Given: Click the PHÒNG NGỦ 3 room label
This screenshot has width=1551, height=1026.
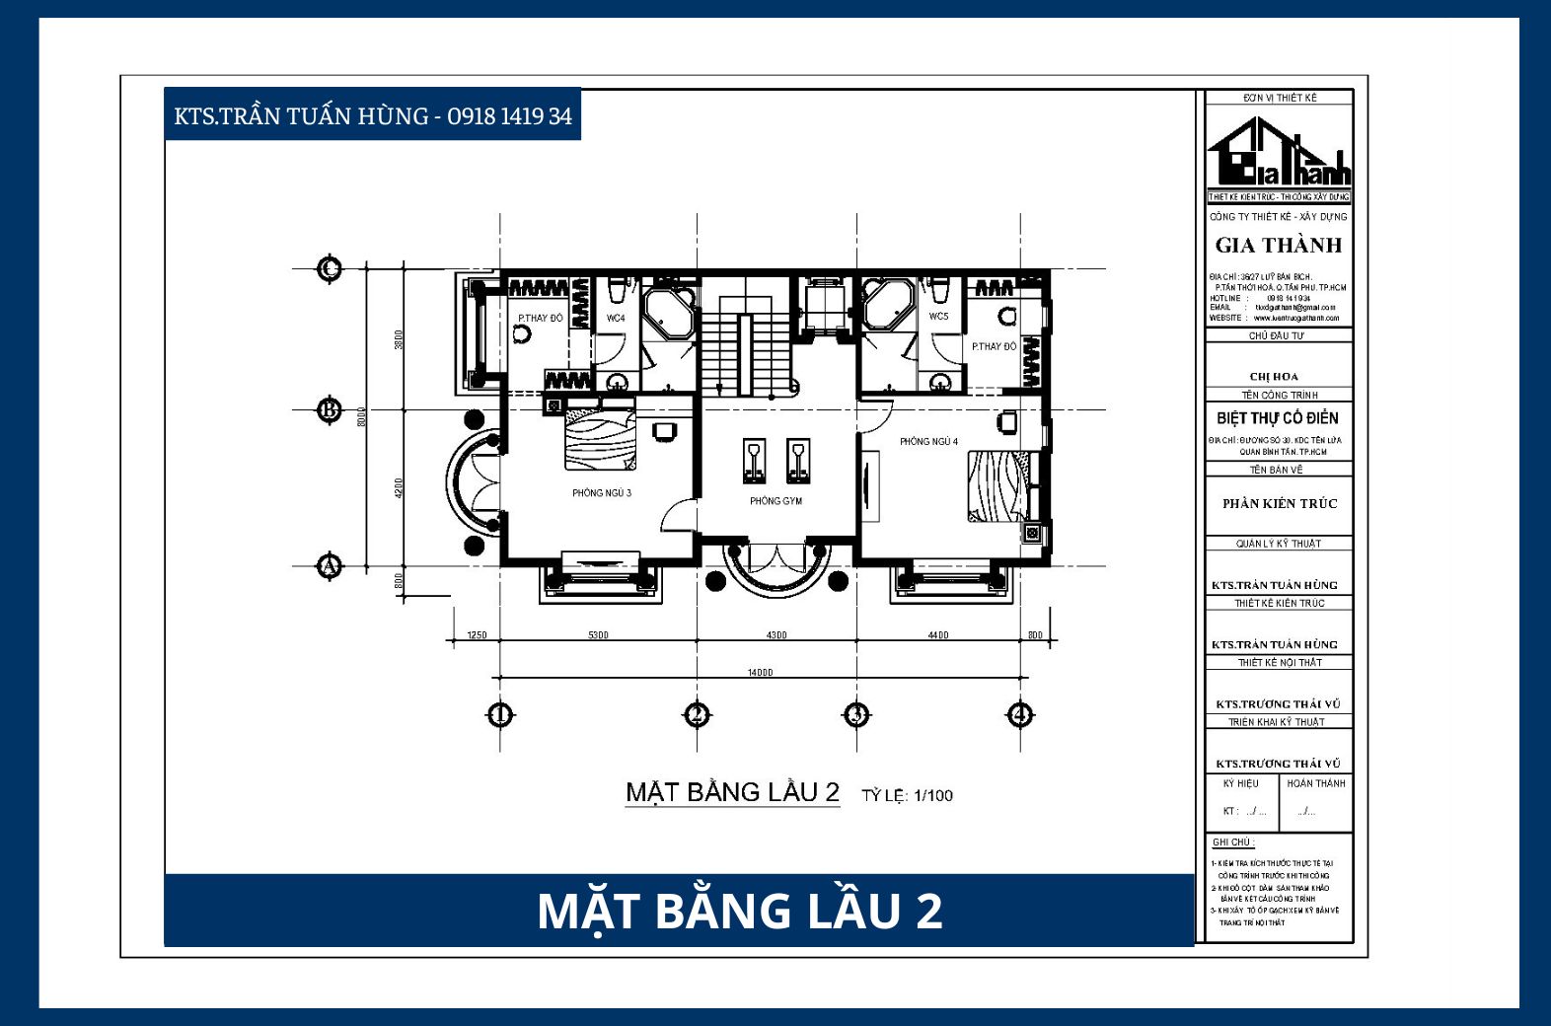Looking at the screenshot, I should coord(601,492).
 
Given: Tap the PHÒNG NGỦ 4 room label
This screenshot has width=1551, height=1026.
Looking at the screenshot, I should coord(927,441).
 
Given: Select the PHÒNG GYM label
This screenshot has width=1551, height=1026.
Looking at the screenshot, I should coord(775,501).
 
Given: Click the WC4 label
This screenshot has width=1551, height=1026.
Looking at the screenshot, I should coord(616,318).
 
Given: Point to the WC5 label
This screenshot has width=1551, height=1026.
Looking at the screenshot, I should coord(938,317).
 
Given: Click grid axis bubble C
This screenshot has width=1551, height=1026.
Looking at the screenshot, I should coord(330,268).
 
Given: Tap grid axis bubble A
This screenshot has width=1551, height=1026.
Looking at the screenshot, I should coord(330,566).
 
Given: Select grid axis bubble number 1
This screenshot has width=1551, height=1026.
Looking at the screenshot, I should coord(500,714).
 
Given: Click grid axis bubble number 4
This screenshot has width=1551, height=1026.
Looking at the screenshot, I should coord(1020,714).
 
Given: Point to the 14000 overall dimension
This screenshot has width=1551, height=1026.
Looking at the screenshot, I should coord(760,673).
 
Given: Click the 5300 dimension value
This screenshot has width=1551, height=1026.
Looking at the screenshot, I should coord(598,635).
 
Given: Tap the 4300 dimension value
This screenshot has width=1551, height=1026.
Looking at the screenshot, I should coord(776,635).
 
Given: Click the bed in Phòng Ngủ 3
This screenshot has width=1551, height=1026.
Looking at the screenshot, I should coord(600,440).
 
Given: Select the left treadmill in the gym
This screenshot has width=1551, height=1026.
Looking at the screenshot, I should coord(754,461).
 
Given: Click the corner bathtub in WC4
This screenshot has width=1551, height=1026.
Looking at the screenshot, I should coord(670,313).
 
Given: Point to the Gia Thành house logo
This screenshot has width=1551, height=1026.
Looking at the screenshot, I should coord(1278,154).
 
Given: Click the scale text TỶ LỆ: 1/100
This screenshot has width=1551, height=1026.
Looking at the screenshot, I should coord(907,795).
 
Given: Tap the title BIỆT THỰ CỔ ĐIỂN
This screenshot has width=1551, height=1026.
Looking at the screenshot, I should coord(1278,418).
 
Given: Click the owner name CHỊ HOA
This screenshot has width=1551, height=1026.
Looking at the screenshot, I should coord(1274,377).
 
